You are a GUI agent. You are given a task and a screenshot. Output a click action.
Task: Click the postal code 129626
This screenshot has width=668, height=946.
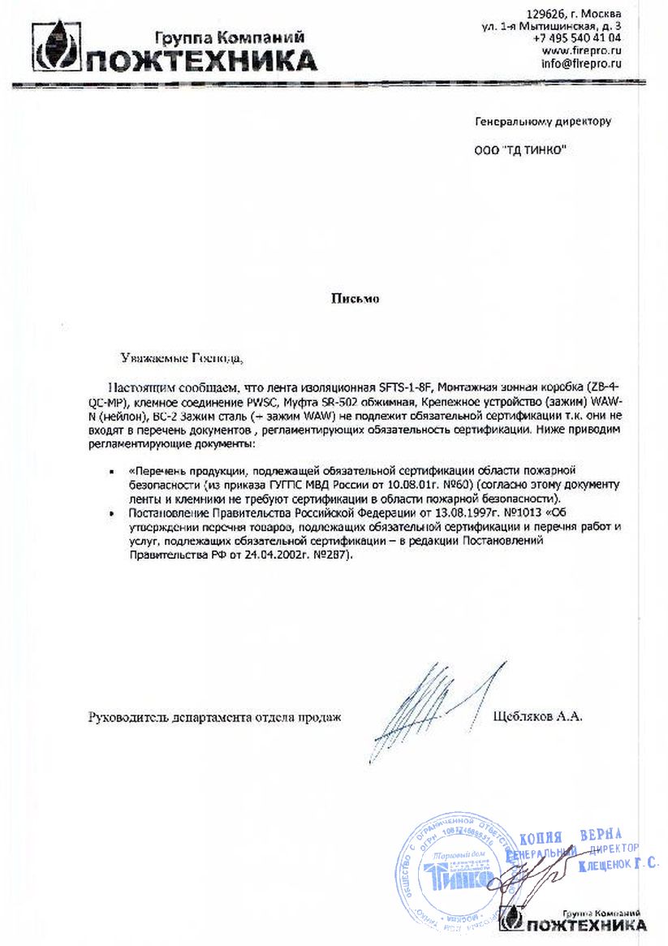(x=548, y=14)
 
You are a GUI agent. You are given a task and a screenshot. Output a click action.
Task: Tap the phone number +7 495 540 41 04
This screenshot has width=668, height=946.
(x=577, y=37)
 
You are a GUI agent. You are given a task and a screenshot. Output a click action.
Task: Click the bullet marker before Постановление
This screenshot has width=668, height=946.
(x=111, y=514)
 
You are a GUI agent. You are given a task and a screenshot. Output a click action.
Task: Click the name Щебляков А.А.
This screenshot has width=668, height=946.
(x=538, y=717)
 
